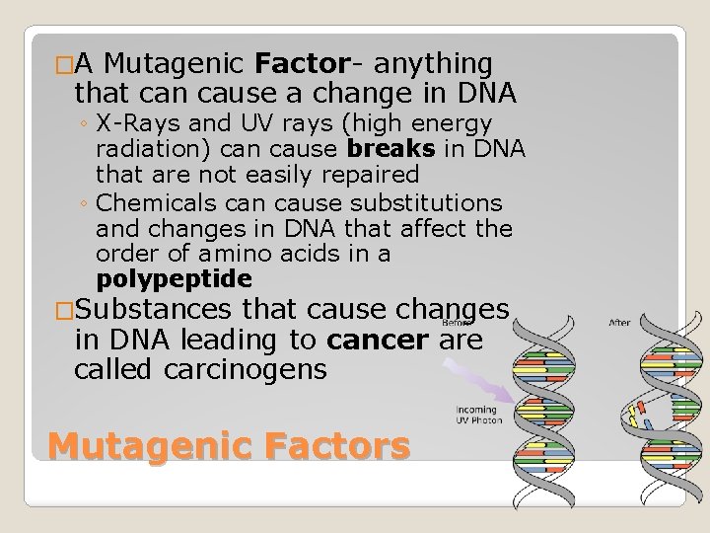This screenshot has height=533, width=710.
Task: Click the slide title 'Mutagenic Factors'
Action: tap(228, 445)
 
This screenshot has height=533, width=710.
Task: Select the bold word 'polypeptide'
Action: tap(175, 277)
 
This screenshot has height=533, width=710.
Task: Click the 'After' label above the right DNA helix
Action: tap(620, 321)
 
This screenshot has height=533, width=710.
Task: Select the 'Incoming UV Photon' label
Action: tap(478, 414)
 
